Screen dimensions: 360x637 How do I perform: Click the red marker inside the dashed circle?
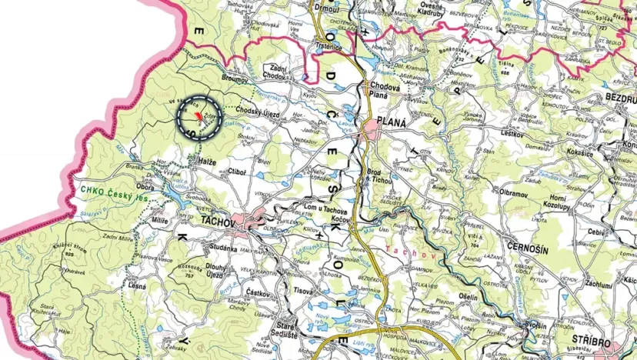198,115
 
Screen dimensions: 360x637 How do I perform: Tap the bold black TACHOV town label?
220,220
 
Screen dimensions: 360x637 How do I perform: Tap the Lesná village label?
138,286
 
